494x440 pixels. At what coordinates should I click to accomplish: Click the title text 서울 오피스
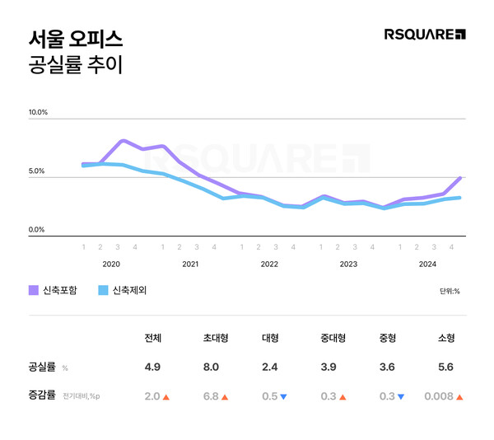point(75,38)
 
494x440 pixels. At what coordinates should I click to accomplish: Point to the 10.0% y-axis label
point(39,112)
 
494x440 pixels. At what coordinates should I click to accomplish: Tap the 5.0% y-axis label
point(37,171)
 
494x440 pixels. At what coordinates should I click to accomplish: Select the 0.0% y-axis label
point(37,230)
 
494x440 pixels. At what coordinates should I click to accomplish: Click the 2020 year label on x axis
point(111,264)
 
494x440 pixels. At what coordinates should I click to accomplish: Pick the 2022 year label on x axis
point(269,264)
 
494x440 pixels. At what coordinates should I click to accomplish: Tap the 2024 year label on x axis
point(428,264)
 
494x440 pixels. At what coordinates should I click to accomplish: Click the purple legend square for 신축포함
point(34,290)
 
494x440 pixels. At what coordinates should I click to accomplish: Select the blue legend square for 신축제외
point(103,290)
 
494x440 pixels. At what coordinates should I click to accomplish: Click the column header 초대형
point(215,338)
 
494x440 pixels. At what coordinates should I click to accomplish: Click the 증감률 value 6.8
point(210,396)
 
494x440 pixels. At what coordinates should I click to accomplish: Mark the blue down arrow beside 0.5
point(283,396)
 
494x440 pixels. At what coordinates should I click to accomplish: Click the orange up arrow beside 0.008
point(459,396)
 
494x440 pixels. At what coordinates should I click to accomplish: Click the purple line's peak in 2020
point(123,141)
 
